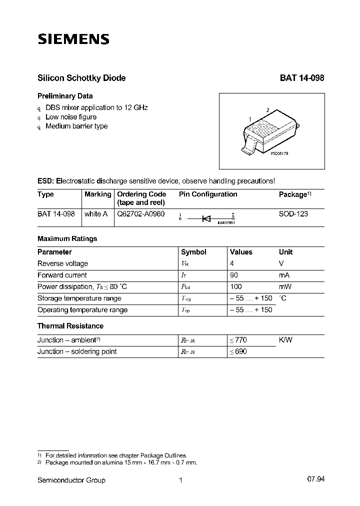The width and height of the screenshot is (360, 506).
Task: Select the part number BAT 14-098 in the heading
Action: [301, 78]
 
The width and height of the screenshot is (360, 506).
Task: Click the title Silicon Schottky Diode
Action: [81, 78]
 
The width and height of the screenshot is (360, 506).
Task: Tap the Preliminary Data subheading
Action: [65, 96]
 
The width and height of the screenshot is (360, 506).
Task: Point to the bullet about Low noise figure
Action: [70, 117]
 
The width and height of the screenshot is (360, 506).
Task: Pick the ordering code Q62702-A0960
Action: [140, 214]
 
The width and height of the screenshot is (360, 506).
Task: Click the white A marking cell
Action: [96, 214]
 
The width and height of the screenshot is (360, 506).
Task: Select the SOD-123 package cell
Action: [293, 214]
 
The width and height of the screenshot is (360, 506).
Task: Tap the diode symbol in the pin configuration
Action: [206, 218]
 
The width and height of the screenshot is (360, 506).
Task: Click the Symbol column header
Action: [193, 252]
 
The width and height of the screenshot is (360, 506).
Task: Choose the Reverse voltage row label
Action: [62, 263]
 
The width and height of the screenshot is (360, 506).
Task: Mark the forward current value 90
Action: [233, 275]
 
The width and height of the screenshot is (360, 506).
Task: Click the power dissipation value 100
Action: [235, 286]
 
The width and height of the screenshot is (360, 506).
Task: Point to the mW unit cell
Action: [284, 286]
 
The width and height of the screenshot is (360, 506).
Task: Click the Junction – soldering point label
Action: [76, 351]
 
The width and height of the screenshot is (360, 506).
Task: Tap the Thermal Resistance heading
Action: [70, 326]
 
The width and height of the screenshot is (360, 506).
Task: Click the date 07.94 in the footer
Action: [316, 480]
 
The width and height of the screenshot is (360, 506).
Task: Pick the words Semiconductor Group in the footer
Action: [71, 480]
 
